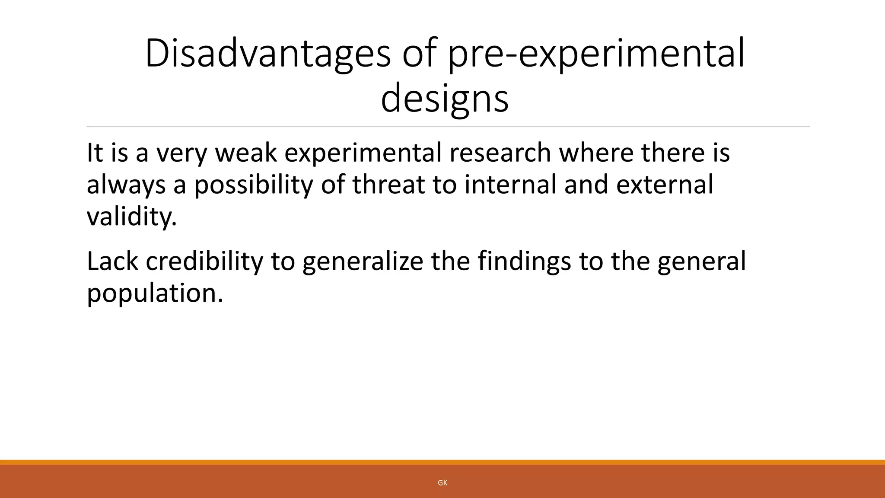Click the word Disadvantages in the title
(267, 54)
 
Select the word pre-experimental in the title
(596, 54)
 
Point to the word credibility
(204, 261)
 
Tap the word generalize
(363, 261)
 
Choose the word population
(155, 293)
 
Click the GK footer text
(442, 483)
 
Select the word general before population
(701, 261)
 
